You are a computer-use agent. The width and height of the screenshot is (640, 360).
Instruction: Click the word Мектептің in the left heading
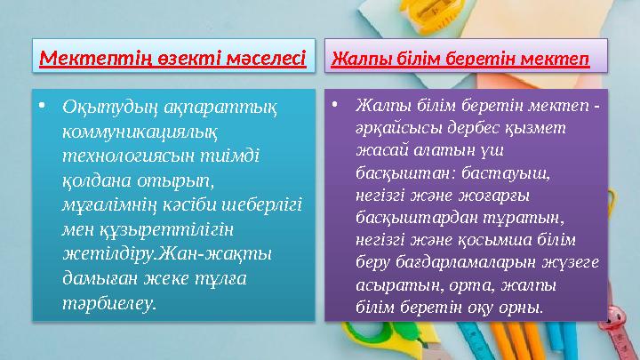[x=81, y=60]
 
